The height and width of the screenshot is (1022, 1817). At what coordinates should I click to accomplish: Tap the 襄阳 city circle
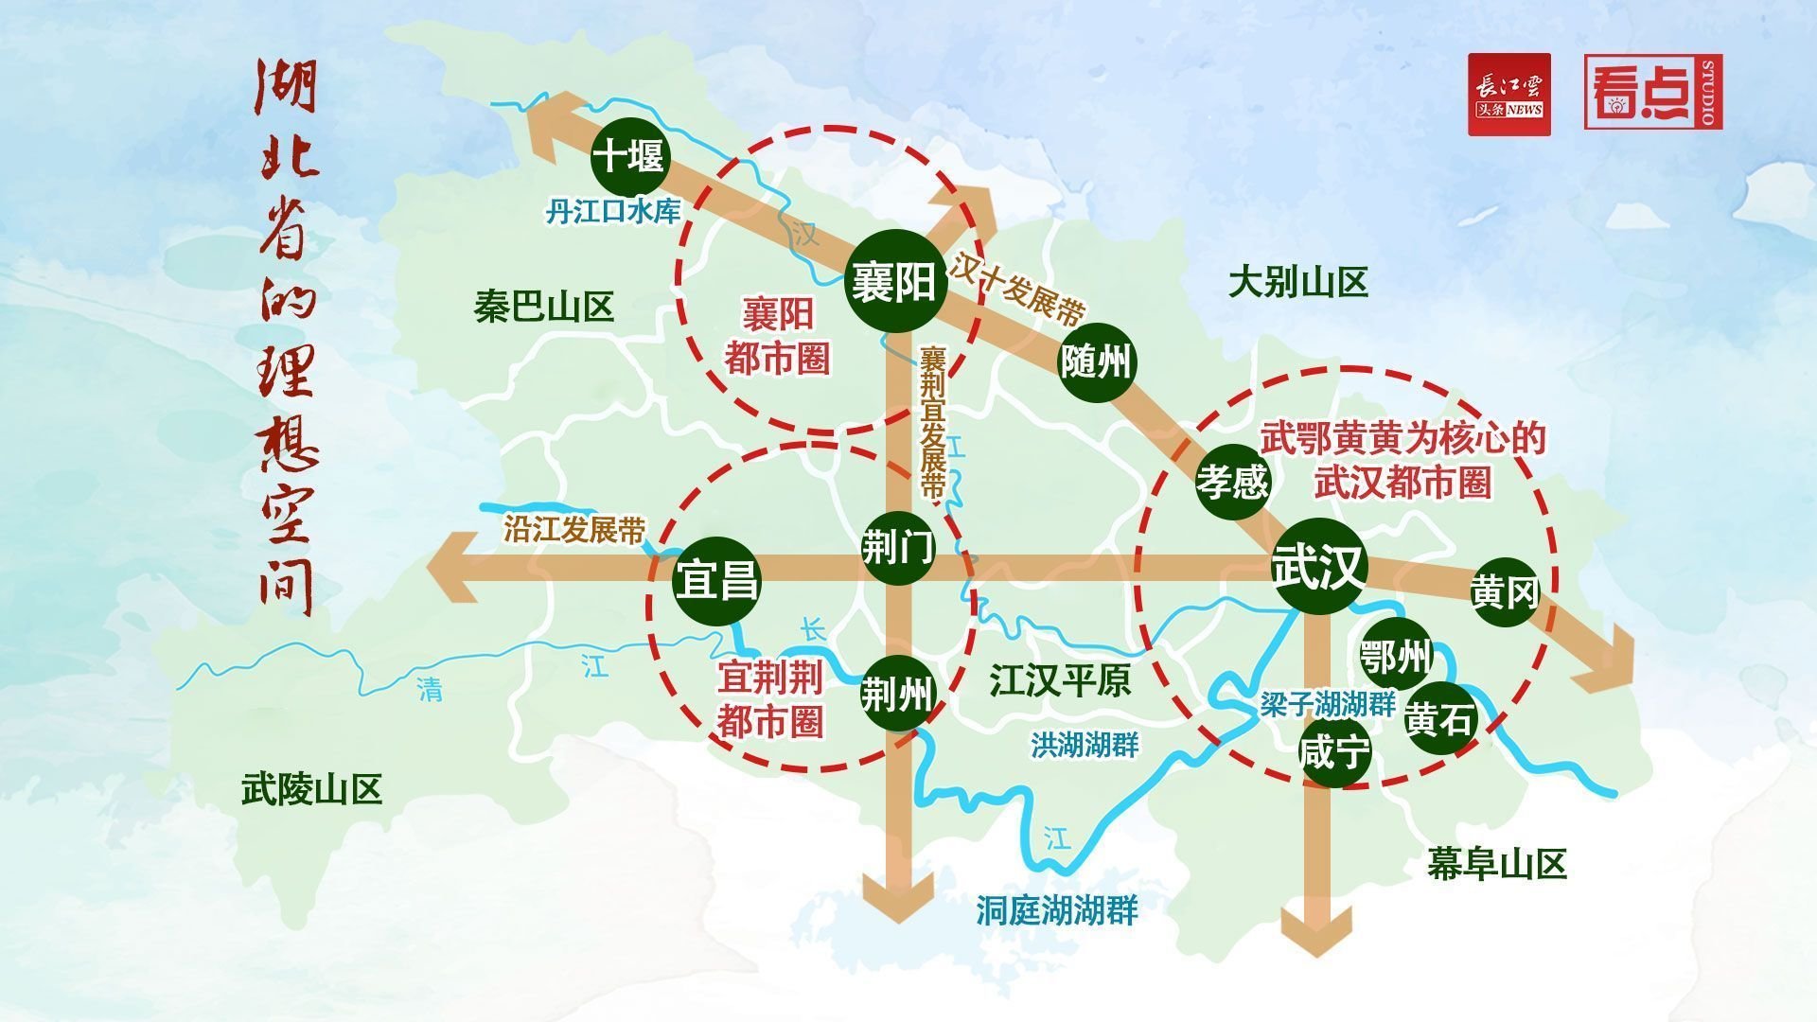pos(894,281)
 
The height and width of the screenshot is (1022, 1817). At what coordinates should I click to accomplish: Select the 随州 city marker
pos(1096,361)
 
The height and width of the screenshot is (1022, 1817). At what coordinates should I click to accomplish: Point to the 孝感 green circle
pos(1232,482)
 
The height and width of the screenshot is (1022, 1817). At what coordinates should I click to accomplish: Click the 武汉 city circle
pos(1319,566)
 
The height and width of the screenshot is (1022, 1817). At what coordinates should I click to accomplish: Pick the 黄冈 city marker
pos(1505,592)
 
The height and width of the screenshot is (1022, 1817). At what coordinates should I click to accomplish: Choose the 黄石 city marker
pos(1439,719)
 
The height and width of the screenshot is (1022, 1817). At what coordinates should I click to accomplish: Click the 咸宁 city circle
pos(1334,752)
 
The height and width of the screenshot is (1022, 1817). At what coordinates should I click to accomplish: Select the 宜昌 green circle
pos(716,580)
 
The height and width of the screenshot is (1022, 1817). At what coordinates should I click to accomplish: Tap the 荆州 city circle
pos(897,695)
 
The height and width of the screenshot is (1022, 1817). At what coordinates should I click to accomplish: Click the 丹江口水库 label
pos(613,211)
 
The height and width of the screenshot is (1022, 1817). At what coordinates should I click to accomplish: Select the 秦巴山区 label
pos(544,307)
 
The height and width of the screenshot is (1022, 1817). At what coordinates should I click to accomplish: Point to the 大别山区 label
pos(1298,282)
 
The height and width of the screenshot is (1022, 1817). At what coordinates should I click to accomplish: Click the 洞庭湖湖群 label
pos(1057,911)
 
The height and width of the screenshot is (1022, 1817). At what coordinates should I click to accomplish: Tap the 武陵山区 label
pos(312,788)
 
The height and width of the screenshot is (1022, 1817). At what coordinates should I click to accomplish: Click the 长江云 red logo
pos(1509,95)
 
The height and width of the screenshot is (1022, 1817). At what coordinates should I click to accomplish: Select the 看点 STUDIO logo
pos(1653,92)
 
